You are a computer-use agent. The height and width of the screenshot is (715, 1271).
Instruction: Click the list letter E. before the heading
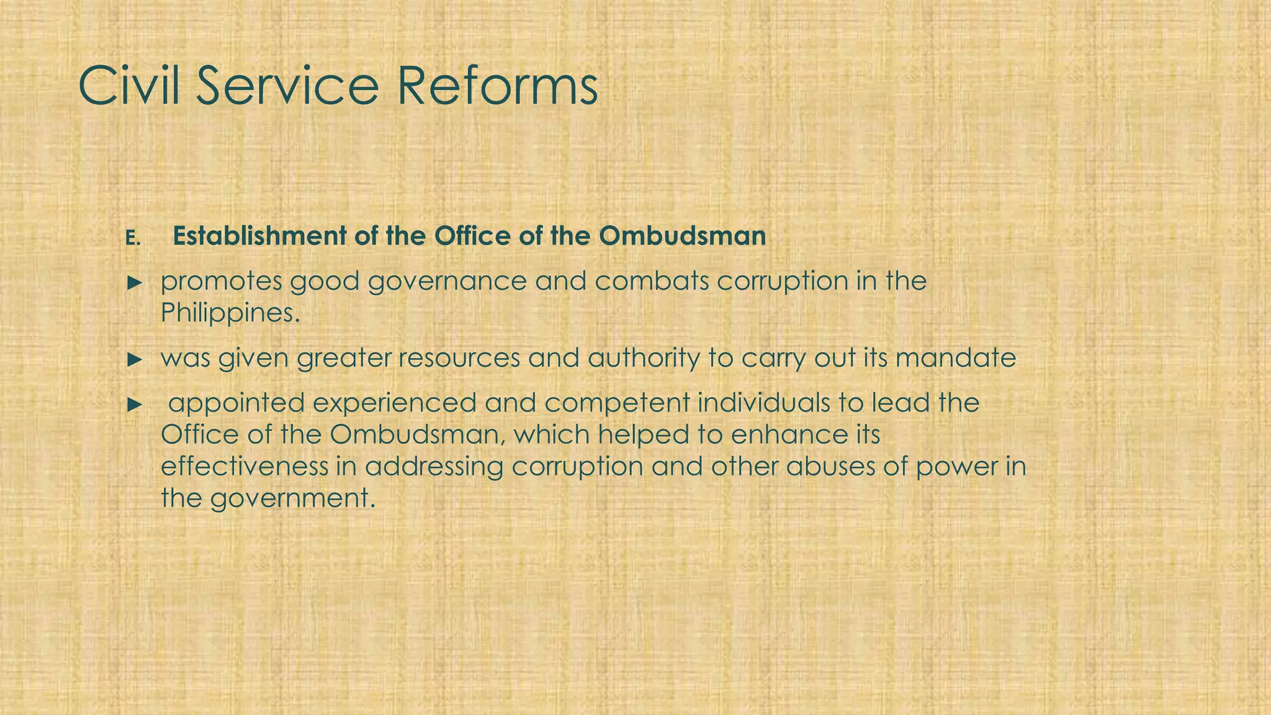click(133, 238)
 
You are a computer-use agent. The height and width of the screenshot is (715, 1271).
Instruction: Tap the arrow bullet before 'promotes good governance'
click(135, 283)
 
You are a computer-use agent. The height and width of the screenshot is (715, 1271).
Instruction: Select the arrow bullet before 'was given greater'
click(135, 359)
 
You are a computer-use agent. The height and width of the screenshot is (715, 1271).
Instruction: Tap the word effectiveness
click(244, 467)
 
